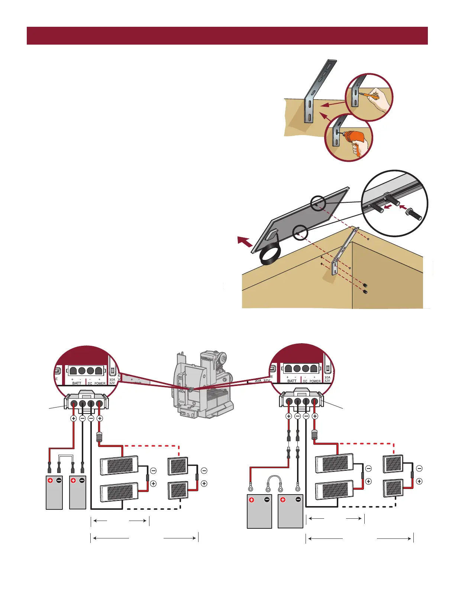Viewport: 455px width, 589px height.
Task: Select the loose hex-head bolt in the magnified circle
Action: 413,213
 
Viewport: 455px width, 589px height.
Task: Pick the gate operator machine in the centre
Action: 203,385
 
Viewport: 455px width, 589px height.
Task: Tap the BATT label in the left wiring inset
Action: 77,383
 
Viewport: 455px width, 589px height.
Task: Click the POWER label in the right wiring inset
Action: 315,381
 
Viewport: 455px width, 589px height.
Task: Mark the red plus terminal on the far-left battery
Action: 50,480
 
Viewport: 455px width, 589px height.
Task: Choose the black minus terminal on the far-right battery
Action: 298,500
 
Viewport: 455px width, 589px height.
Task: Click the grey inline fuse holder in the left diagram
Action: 99,436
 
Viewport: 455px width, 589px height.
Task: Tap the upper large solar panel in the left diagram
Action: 120,465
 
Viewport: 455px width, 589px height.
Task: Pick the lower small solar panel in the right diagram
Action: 393,488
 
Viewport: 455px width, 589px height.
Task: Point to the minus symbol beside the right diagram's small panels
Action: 419,469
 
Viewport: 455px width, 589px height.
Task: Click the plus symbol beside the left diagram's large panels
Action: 153,484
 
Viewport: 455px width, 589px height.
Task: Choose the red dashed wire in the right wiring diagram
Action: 366,443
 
